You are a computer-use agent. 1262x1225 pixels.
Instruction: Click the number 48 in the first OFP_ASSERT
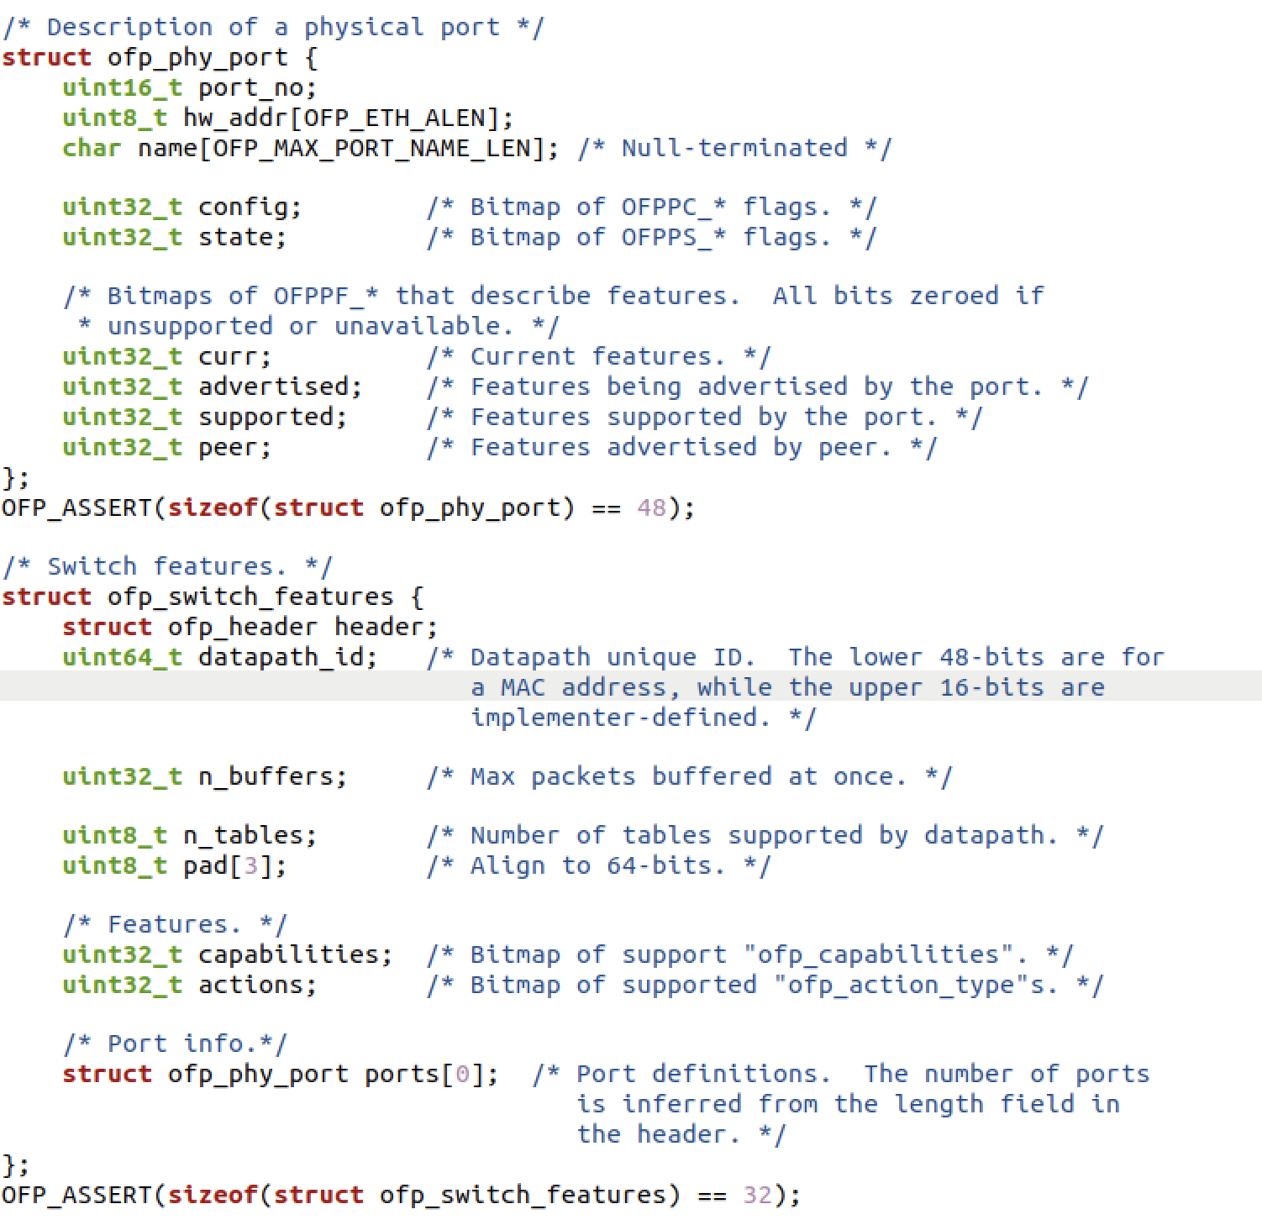click(x=651, y=508)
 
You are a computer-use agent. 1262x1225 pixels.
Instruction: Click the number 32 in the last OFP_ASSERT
click(x=757, y=1195)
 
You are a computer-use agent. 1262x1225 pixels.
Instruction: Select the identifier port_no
click(x=252, y=88)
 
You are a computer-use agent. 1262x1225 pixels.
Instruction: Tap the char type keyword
click(x=92, y=149)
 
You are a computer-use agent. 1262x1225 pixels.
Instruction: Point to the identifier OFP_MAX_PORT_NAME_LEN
click(x=372, y=149)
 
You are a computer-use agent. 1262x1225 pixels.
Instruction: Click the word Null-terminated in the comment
click(x=734, y=149)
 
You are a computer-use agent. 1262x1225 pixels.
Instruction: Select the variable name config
click(x=245, y=208)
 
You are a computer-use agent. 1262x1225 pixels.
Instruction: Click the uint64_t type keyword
click(x=122, y=657)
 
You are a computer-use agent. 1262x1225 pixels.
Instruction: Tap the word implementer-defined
click(x=620, y=718)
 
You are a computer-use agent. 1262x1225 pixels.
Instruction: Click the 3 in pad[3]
click(x=251, y=866)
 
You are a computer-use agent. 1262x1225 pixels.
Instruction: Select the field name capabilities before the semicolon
click(x=290, y=955)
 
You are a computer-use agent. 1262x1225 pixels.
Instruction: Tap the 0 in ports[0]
click(x=462, y=1075)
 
